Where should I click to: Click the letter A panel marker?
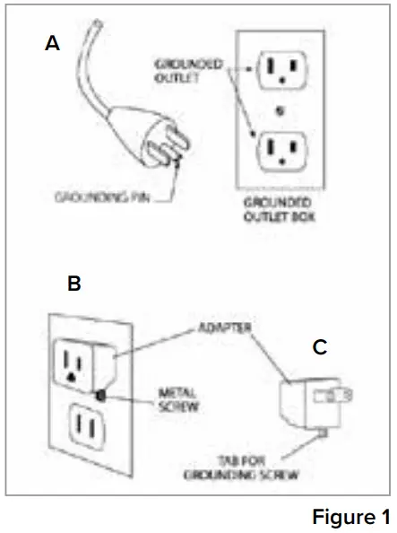(x=53, y=42)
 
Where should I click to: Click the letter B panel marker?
(x=75, y=284)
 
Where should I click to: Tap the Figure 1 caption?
(x=350, y=517)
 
